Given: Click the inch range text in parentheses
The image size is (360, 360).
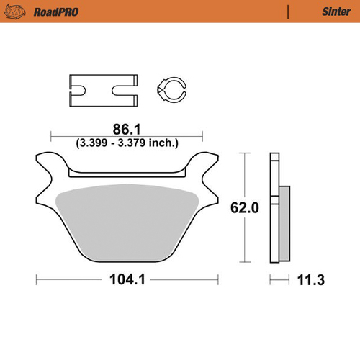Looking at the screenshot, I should click(x=127, y=143).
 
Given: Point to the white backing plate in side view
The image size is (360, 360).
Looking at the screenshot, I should click(x=274, y=209).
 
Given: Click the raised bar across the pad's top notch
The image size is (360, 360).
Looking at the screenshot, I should click(x=126, y=173).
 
